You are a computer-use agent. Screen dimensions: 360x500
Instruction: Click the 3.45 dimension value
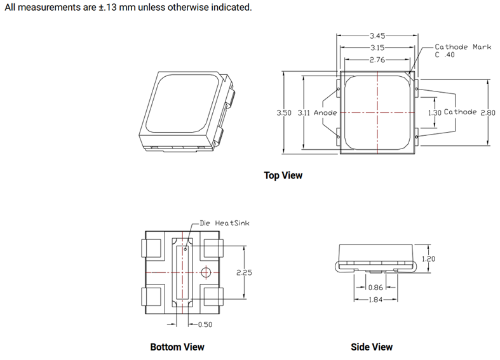click(x=378, y=36)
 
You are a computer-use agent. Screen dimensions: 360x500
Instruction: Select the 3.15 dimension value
click(x=378, y=48)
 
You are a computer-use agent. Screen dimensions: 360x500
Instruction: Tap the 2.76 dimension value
click(x=378, y=60)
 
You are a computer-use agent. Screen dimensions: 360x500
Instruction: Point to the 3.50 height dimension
click(x=283, y=112)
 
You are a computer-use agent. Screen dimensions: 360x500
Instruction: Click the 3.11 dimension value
click(x=304, y=112)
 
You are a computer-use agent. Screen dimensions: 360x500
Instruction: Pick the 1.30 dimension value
click(x=434, y=112)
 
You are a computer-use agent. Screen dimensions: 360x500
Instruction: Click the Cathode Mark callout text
click(x=463, y=47)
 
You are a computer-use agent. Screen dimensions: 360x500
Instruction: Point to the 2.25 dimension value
click(x=244, y=272)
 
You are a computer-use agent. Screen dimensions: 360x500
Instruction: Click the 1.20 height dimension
click(x=429, y=258)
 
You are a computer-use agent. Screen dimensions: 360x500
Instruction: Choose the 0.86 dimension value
click(x=375, y=287)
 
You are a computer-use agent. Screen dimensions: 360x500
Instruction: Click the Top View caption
click(x=283, y=175)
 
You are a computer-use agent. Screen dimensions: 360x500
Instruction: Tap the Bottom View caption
click(x=177, y=347)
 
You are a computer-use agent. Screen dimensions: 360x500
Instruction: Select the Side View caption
click(x=372, y=347)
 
